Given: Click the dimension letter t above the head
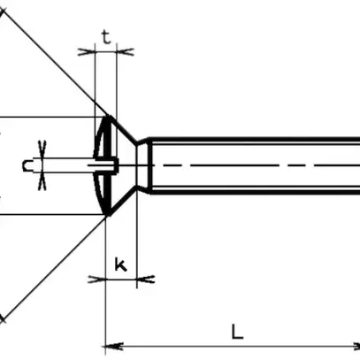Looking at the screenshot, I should click(x=105, y=37).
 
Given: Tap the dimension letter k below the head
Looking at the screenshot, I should click(x=121, y=263).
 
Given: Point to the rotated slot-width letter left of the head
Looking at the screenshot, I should click(x=28, y=165).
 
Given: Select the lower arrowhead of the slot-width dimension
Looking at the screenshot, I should click(x=42, y=180).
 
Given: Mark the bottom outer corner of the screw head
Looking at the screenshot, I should click(x=106, y=214).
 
